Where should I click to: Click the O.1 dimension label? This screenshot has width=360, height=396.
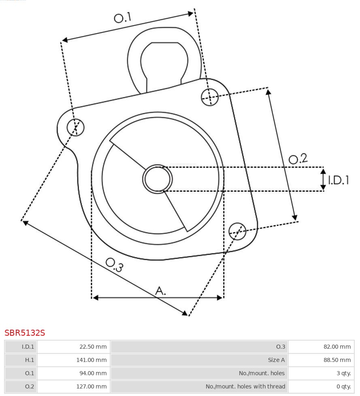click(x=123, y=17)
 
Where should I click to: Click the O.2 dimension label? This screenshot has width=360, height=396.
click(x=298, y=159)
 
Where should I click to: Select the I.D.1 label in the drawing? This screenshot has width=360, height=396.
click(x=338, y=180)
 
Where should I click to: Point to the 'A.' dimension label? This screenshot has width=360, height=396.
click(x=161, y=290)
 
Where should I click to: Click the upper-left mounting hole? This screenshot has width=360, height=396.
click(x=76, y=127)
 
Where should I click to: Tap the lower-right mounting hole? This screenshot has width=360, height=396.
click(x=237, y=231)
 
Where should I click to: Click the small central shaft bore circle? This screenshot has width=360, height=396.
click(x=158, y=179)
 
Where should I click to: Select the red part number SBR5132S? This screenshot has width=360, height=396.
click(x=25, y=333)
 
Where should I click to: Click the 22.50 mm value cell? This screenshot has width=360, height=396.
click(x=93, y=347)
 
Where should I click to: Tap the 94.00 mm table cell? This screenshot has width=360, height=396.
click(x=93, y=373)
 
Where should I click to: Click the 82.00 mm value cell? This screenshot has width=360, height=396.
click(x=337, y=347)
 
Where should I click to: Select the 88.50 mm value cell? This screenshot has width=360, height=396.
click(x=337, y=360)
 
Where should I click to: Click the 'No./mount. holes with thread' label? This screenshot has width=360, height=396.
click(x=245, y=387)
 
